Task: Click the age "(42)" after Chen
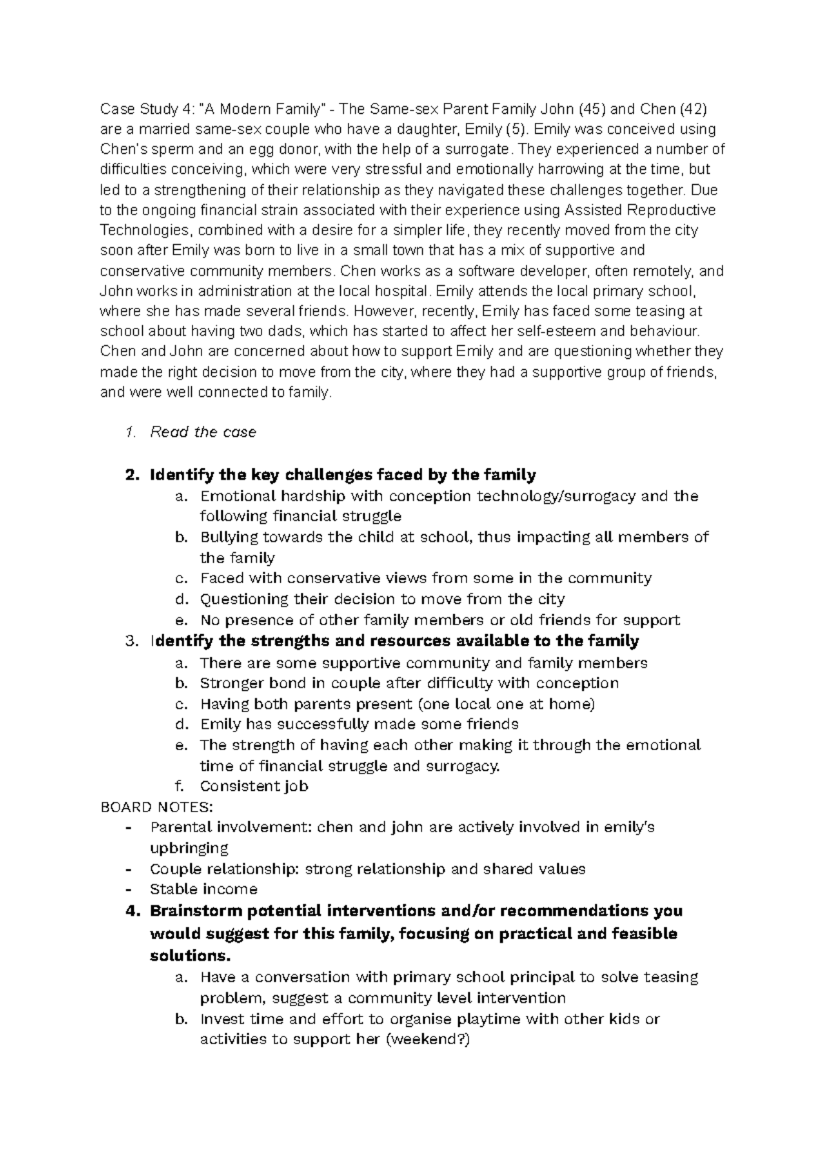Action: click(692, 108)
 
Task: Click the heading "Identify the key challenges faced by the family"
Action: click(342, 475)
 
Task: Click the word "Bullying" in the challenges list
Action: click(228, 537)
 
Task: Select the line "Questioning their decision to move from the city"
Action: click(382, 598)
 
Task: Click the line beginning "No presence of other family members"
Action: click(440, 620)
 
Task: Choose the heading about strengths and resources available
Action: click(394, 641)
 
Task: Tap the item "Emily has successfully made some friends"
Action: click(359, 724)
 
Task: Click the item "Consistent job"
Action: click(253, 786)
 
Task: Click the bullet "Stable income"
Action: click(204, 889)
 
